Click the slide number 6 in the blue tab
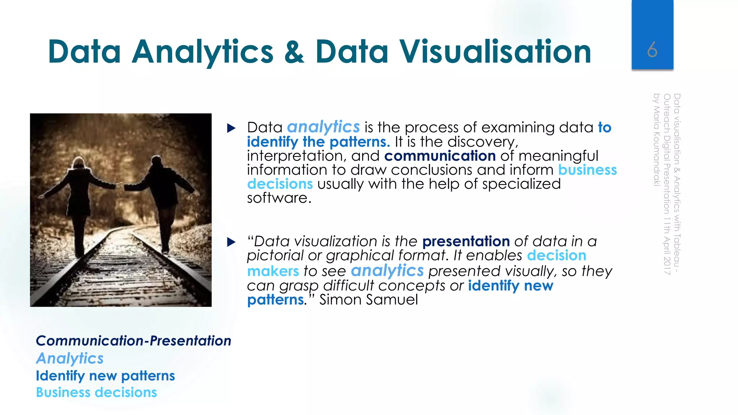pos(652,50)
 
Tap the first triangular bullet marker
pos(231,128)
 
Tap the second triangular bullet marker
pos(231,242)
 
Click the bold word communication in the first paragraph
pos(440,156)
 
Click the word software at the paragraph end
pos(279,198)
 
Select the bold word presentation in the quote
pos(466,241)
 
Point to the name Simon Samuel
pos(369,300)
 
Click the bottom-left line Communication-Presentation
pos(133,341)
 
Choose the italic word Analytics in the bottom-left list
pos(70,358)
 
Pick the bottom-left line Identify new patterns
pos(105,376)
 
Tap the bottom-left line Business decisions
pos(96,392)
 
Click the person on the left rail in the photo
pos(80,202)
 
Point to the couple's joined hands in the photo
pos(120,187)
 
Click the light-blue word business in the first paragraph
pos(587,170)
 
